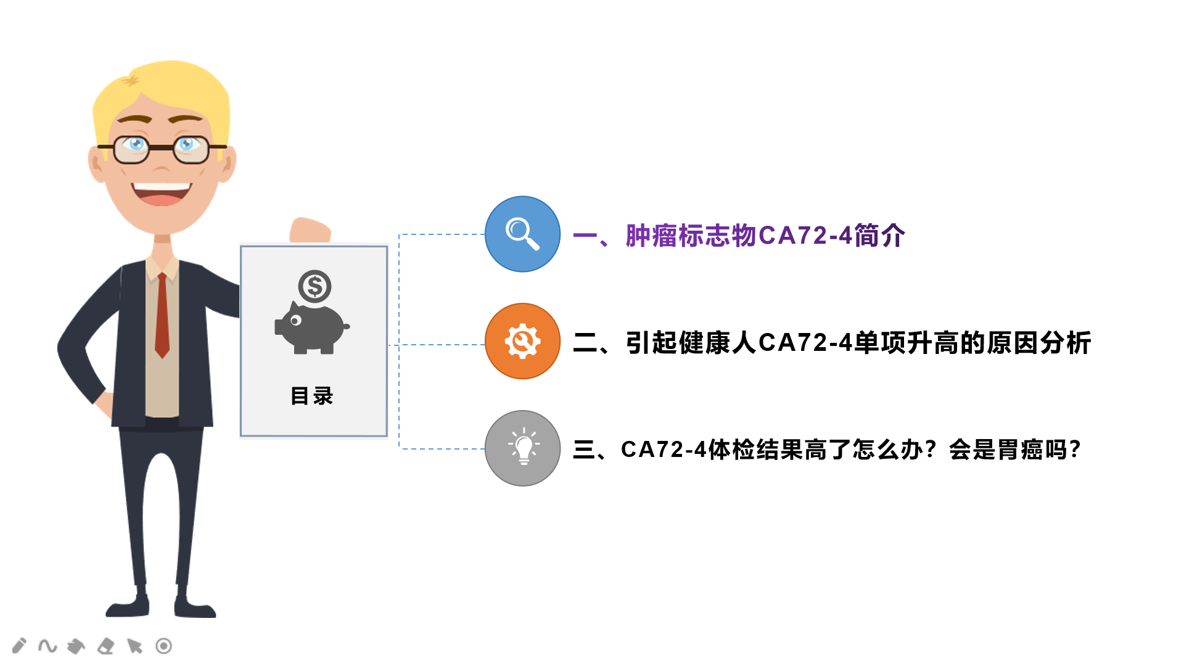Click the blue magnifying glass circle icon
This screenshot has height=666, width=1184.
(522, 234)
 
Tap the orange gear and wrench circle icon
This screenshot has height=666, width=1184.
(522, 341)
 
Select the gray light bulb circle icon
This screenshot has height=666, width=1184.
(522, 448)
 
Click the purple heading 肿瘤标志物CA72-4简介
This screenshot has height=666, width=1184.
(765, 236)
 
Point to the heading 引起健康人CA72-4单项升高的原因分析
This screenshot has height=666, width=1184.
(858, 343)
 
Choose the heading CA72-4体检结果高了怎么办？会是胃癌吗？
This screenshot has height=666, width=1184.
(850, 450)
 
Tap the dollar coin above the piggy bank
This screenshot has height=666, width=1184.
(314, 286)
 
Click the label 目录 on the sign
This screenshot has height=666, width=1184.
(312, 396)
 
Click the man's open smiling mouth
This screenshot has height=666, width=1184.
(162, 193)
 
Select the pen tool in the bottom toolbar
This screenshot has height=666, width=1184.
(19, 646)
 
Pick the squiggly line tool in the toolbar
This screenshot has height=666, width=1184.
(47, 646)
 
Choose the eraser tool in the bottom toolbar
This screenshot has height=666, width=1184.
(106, 646)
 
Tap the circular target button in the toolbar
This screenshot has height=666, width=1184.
(163, 646)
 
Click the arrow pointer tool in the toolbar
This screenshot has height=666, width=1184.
(134, 646)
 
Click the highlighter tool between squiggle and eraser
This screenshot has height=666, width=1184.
(76, 646)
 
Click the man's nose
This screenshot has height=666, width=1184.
(162, 165)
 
